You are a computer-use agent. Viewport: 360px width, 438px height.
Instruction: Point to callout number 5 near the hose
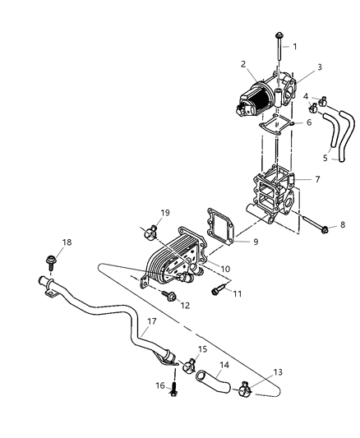click(x=302, y=158)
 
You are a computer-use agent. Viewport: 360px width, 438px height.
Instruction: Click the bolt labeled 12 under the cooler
click(x=169, y=297)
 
